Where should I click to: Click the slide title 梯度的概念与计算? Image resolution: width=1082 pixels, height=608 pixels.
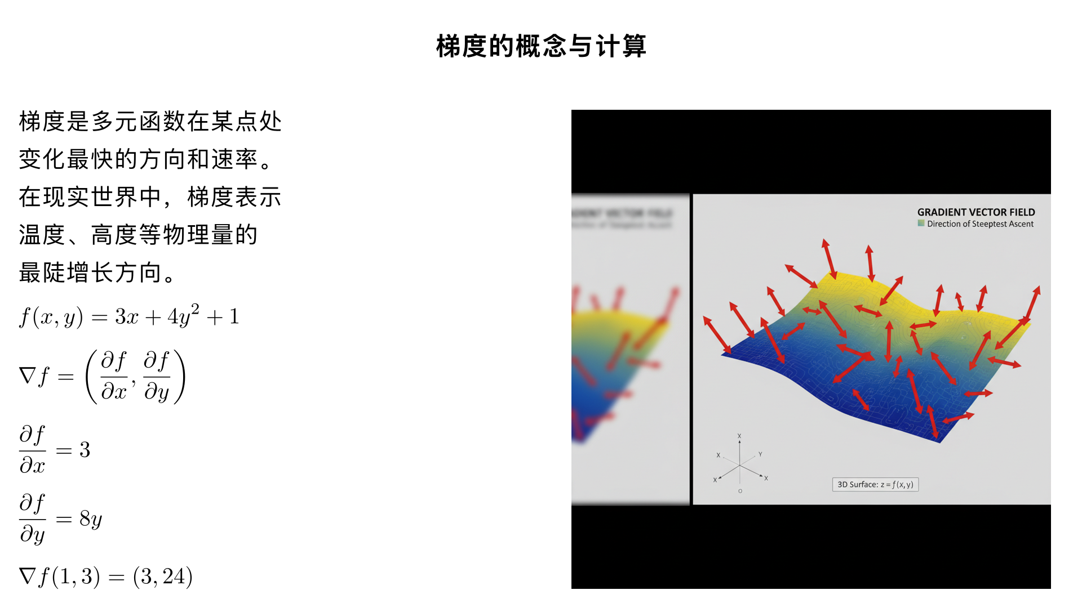click(x=541, y=46)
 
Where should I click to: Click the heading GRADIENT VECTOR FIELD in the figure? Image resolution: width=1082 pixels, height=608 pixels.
click(x=975, y=212)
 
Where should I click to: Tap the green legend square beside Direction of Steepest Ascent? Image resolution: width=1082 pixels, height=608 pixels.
click(x=921, y=223)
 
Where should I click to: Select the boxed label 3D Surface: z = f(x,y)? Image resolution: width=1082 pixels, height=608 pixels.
click(x=875, y=485)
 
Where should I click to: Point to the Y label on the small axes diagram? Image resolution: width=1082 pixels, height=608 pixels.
click(x=760, y=454)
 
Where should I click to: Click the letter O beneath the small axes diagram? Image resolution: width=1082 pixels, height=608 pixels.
click(x=740, y=491)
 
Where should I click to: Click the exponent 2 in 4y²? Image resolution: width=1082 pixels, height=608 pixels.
click(x=195, y=309)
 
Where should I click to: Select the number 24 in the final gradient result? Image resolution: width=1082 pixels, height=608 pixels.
click(x=174, y=576)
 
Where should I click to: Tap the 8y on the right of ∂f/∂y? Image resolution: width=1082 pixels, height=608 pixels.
click(x=90, y=519)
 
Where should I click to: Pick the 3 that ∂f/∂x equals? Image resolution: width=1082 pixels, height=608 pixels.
click(x=85, y=450)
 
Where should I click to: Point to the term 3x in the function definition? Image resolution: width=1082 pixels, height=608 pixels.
click(x=126, y=317)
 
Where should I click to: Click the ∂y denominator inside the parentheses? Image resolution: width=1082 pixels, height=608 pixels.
click(x=156, y=391)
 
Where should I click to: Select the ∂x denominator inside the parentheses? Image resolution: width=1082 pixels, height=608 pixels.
click(x=113, y=391)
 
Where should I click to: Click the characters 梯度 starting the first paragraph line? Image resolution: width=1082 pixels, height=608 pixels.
click(x=42, y=122)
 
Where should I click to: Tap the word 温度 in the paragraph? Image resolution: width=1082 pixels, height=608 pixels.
click(x=42, y=235)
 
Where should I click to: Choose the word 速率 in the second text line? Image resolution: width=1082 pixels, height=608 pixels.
click(x=234, y=159)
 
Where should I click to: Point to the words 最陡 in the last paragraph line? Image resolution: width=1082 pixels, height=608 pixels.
click(x=42, y=272)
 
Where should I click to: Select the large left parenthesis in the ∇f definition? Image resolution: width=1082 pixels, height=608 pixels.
click(x=91, y=376)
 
